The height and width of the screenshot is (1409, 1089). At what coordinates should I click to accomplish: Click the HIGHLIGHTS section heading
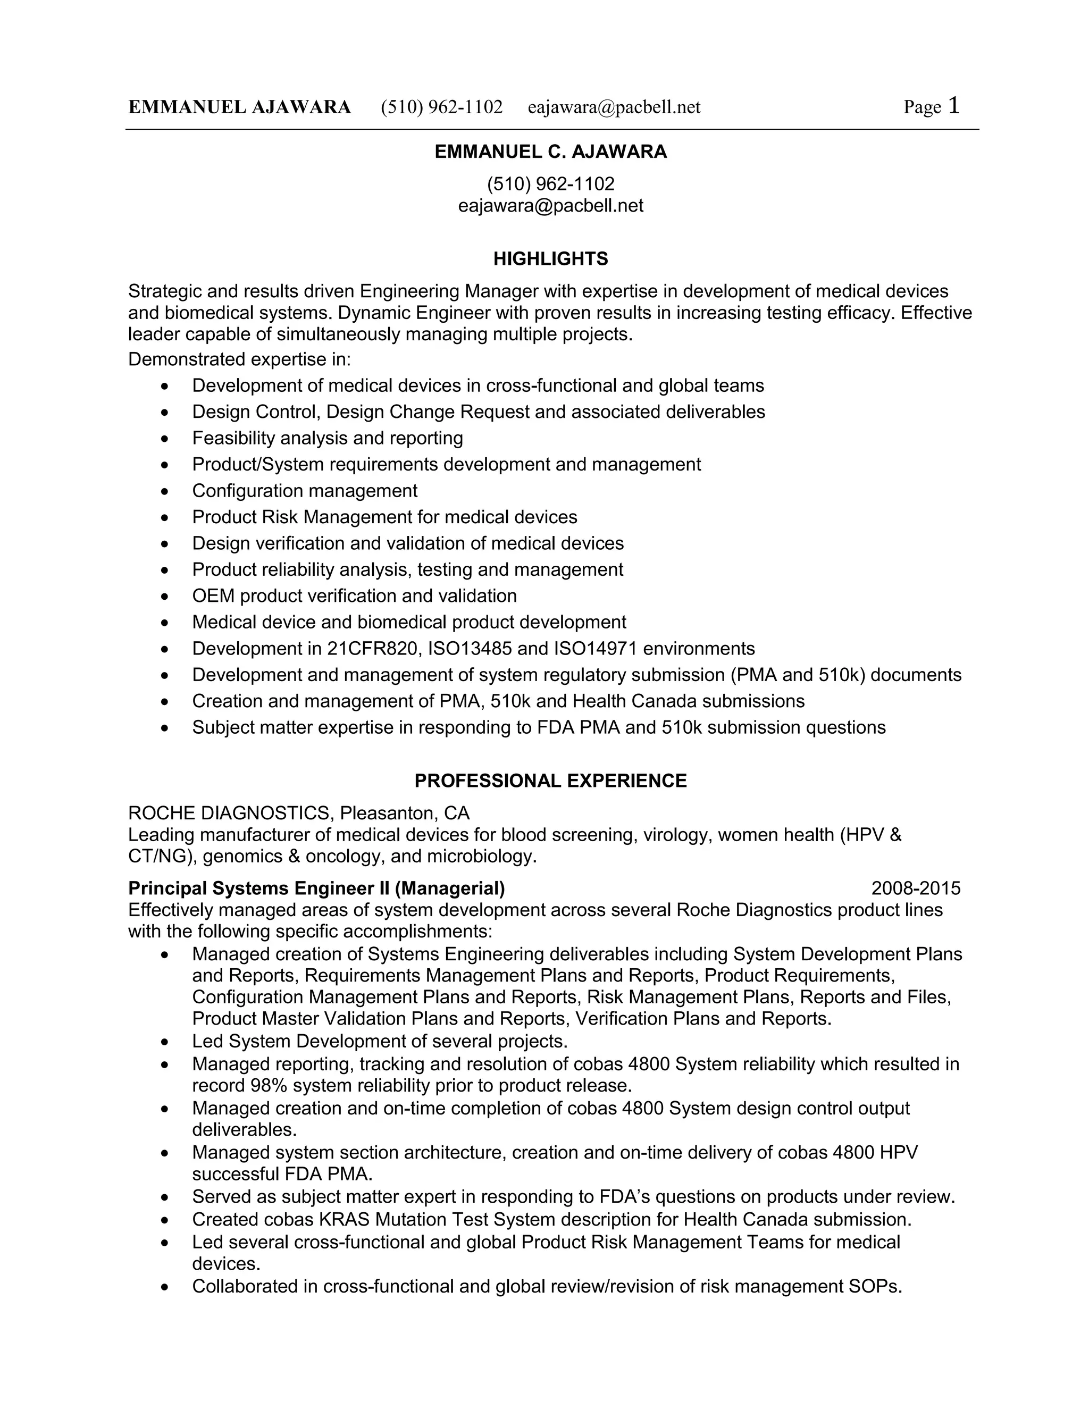point(550,259)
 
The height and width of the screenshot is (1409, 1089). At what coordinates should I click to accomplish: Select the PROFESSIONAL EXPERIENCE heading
point(550,781)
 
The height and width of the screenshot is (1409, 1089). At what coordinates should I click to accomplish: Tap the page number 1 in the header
point(953,106)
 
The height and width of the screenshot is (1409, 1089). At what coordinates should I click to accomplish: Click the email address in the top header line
point(614,107)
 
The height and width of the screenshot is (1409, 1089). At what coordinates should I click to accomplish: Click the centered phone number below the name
point(550,184)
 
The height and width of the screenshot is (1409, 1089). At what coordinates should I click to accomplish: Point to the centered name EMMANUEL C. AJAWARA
point(550,152)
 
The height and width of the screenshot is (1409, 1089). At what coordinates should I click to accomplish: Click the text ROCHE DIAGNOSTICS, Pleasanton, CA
point(299,813)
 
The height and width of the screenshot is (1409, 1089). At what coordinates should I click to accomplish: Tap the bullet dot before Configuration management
point(166,492)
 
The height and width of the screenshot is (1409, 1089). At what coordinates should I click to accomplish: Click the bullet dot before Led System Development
point(166,1042)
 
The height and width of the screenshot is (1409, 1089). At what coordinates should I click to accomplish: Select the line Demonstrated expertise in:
point(239,359)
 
